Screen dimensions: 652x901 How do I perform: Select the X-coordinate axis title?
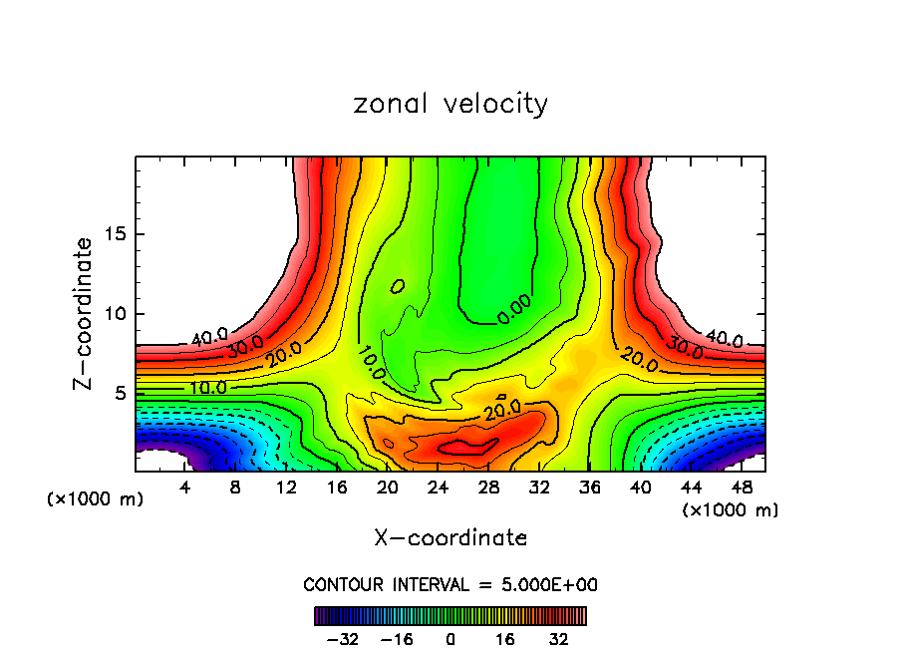click(450, 538)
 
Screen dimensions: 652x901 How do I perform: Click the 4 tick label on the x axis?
click(185, 489)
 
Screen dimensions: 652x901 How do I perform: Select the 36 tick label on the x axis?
click(591, 489)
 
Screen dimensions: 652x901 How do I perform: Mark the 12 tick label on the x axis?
click(287, 489)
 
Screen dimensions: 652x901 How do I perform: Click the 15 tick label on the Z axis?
click(118, 234)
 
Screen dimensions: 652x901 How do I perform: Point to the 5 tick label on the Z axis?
click(123, 393)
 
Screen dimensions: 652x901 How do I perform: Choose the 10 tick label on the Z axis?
click(118, 314)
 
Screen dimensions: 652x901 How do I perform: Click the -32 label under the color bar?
click(342, 639)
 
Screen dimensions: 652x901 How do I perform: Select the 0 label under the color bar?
click(450, 639)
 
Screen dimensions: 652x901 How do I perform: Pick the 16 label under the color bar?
click(505, 639)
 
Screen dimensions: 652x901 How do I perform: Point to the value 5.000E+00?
click(551, 585)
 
